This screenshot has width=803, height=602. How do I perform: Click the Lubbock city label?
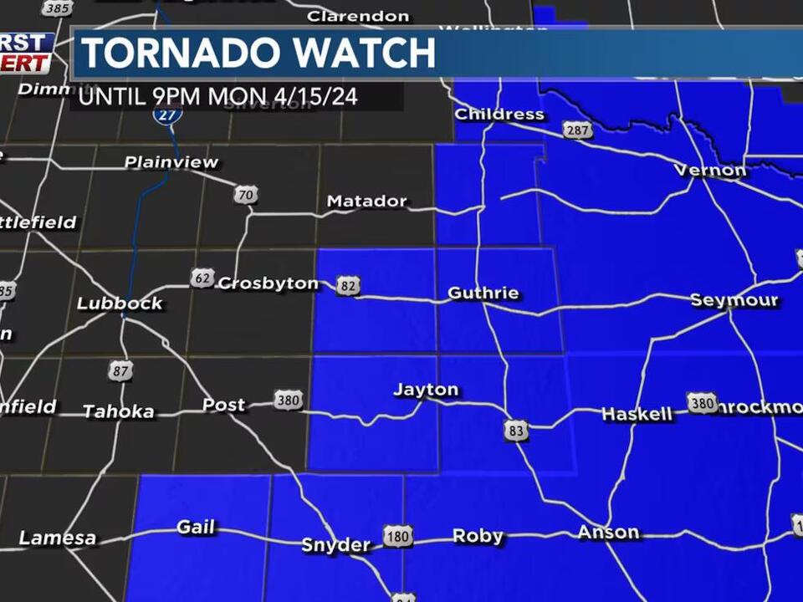pyautogui.click(x=120, y=304)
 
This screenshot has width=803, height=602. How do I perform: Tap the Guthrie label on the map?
pyautogui.click(x=483, y=293)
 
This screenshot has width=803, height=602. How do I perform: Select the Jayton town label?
pyautogui.click(x=426, y=390)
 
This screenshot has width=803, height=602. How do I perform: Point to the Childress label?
pyautogui.click(x=499, y=115)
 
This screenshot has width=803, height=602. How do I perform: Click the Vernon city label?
pyautogui.click(x=710, y=171)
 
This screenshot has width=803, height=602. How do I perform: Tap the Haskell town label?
pyautogui.click(x=637, y=414)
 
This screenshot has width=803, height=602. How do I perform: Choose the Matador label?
pyautogui.click(x=366, y=202)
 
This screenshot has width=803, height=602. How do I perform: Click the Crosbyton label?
pyautogui.click(x=268, y=283)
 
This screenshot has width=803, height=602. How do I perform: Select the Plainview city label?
pyautogui.click(x=171, y=162)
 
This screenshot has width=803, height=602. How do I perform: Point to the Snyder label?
pyautogui.click(x=335, y=545)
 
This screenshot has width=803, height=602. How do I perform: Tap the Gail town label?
pyautogui.click(x=196, y=528)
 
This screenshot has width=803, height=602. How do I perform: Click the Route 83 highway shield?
pyautogui.click(x=516, y=431)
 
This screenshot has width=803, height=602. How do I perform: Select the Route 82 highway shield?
pyautogui.click(x=348, y=286)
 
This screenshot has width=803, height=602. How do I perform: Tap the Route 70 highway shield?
pyautogui.click(x=245, y=195)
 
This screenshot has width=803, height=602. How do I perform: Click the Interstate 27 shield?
pyautogui.click(x=168, y=115)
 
